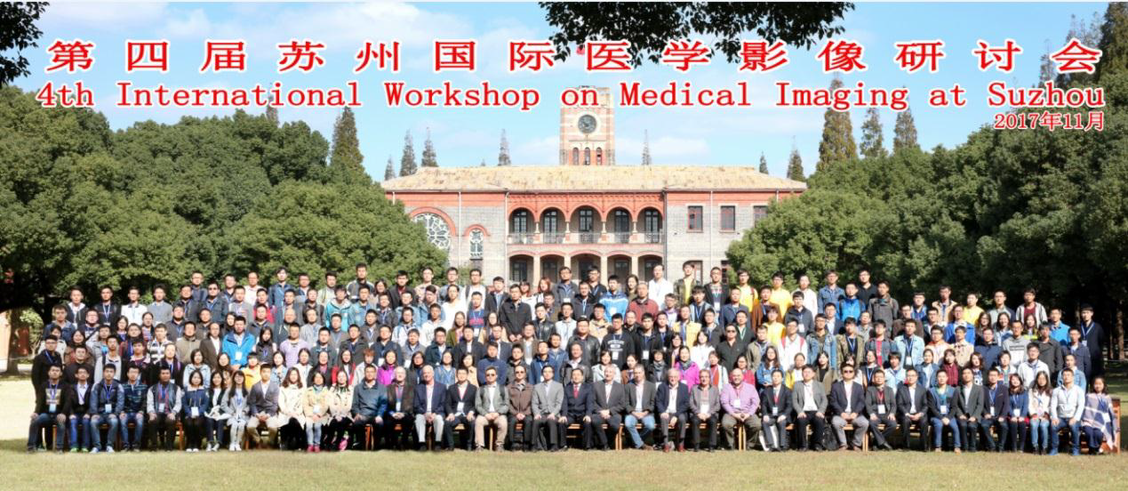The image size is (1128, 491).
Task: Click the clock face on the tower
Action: tap(587, 124)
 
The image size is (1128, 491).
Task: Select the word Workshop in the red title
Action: tap(461, 95)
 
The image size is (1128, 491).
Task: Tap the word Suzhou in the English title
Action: tap(1045, 95)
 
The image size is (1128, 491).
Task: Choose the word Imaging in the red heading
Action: tap(842, 96)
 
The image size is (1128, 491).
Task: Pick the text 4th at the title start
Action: tap(66, 95)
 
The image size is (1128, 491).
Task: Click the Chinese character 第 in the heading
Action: tap(70, 56)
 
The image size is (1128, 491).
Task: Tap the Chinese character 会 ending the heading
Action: tap(1076, 56)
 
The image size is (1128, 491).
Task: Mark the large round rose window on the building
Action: tap(434, 231)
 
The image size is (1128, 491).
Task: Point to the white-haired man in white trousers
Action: tap(428, 408)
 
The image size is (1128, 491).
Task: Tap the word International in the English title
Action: tap(239, 94)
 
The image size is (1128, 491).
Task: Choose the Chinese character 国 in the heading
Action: tap(455, 56)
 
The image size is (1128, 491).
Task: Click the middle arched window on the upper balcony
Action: tap(586, 221)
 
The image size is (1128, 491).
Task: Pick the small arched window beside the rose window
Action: tap(476, 243)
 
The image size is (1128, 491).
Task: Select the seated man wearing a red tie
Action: tap(577, 407)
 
